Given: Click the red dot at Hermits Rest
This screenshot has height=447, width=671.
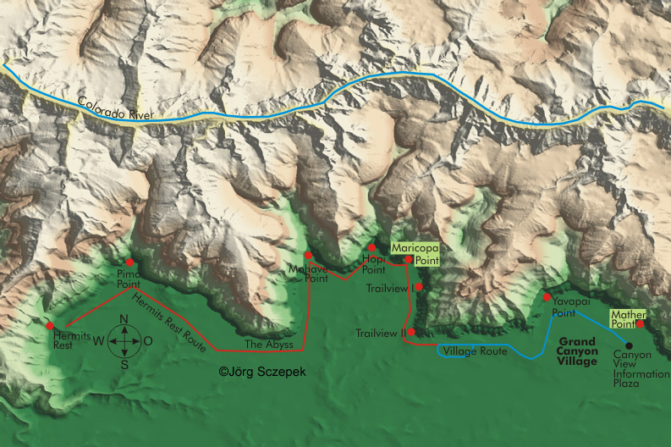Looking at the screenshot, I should [50, 325].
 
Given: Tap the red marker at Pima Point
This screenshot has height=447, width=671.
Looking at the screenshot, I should [129, 262].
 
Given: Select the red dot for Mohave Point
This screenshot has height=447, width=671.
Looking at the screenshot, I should [308, 255].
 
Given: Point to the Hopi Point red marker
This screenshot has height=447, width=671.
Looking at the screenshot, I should [371, 247].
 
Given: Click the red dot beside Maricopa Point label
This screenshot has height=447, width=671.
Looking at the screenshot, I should [408, 259].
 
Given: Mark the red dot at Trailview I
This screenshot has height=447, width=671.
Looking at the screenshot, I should [418, 287].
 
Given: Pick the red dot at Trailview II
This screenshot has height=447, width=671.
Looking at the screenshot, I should [411, 332].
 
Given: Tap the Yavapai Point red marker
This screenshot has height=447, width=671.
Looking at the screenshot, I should [547, 297].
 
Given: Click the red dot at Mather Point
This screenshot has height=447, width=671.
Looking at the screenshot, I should [640, 323].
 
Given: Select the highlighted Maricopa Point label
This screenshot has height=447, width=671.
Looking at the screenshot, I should [413, 254].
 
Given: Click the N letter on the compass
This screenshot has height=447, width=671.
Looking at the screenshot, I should [124, 319].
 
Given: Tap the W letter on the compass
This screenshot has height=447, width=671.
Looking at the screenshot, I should [98, 342].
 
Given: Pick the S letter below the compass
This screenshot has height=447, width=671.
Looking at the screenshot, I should [124, 365].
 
